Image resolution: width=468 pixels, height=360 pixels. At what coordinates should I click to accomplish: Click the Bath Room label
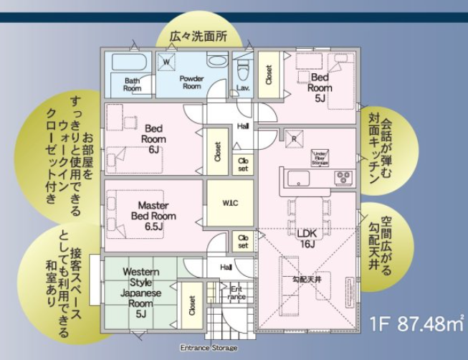[x=132, y=85]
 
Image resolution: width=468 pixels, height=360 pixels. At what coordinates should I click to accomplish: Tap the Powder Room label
[x=191, y=82]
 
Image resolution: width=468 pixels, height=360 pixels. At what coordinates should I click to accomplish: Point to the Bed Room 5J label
[x=320, y=87]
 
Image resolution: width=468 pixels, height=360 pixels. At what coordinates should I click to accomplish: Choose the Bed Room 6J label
[x=153, y=139]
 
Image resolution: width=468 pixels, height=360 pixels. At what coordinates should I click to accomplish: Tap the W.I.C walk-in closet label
[x=229, y=204]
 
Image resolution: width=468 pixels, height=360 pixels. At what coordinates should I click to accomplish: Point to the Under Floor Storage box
[x=320, y=158]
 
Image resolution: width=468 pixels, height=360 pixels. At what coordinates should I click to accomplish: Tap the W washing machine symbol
[x=167, y=62]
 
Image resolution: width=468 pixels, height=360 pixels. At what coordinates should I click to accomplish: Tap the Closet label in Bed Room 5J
[x=269, y=76]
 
